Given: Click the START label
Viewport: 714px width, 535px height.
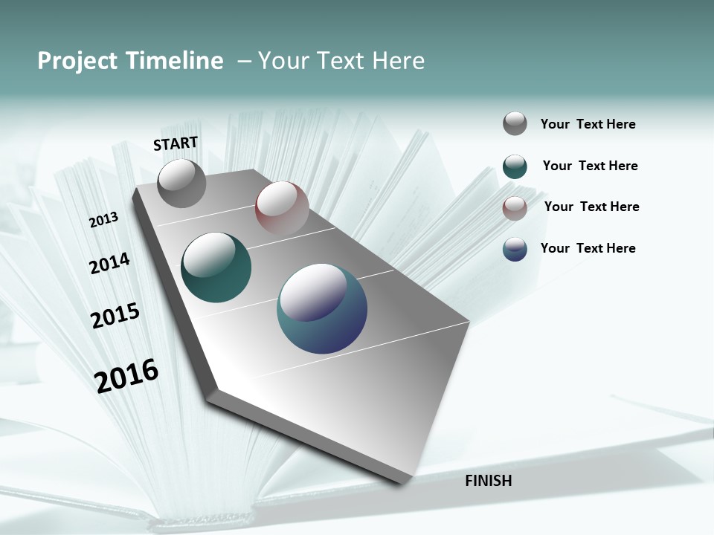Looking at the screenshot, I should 176,143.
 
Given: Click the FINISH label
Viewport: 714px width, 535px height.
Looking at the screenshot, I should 488,481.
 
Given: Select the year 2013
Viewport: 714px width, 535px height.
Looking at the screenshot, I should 104,220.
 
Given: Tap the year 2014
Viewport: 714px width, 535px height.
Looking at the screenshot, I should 109,264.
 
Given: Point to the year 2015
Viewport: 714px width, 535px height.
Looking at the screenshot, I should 115,316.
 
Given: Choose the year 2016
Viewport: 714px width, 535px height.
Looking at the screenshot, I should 126,376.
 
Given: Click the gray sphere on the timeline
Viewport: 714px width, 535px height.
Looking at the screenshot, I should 181,184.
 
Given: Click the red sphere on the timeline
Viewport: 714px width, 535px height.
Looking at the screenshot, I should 282,208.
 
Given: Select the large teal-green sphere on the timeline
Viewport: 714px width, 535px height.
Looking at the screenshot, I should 216,267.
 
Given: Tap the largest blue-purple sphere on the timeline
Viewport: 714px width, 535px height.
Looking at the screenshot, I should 321,308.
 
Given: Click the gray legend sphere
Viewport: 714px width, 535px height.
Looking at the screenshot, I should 515,123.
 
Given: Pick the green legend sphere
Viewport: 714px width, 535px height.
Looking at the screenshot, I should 515,166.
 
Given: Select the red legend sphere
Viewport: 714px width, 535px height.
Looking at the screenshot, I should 515,208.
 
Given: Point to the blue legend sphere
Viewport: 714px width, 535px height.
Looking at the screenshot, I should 515,249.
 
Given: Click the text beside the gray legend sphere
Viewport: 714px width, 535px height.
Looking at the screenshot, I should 588,124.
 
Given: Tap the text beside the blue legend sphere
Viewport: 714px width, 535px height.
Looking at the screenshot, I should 588,248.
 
